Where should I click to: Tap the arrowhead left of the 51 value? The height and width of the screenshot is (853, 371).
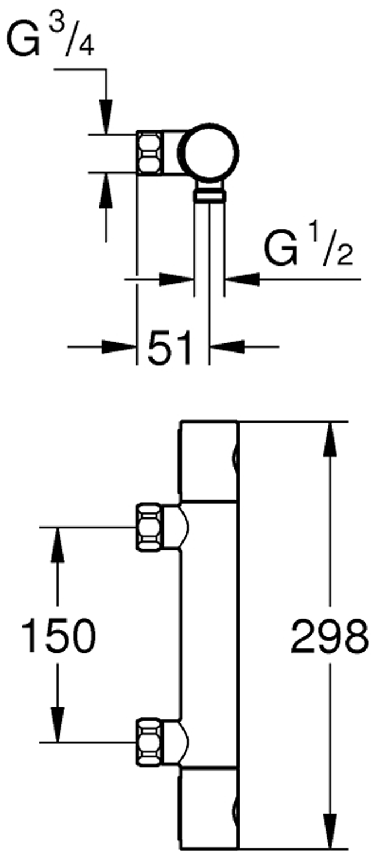pos(122,346)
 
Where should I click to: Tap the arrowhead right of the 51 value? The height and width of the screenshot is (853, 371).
pos(225,346)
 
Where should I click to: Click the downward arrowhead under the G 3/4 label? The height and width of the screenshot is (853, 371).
pos(106,117)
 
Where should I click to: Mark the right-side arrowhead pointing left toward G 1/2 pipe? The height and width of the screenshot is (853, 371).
pos(241,279)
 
